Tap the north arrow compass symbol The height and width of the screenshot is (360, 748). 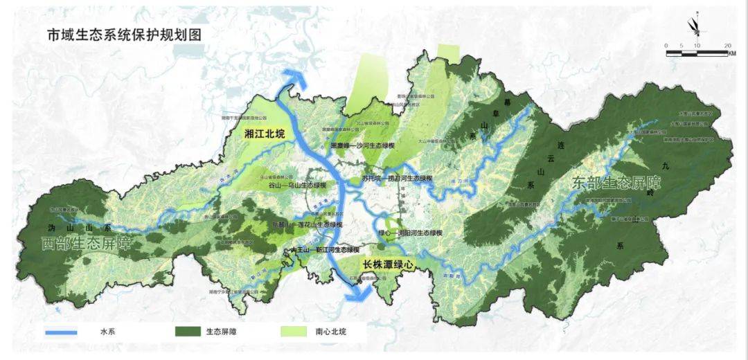pyautogui.click(x=693, y=26)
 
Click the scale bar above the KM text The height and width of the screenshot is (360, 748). pyautogui.click(x=699, y=52)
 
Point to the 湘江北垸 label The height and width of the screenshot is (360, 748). pyautogui.click(x=260, y=135)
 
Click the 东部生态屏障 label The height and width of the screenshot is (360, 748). pyautogui.click(x=617, y=183)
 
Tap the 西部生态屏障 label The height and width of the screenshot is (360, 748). pyautogui.click(x=86, y=244)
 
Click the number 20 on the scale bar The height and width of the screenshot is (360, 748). pyautogui.click(x=728, y=45)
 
